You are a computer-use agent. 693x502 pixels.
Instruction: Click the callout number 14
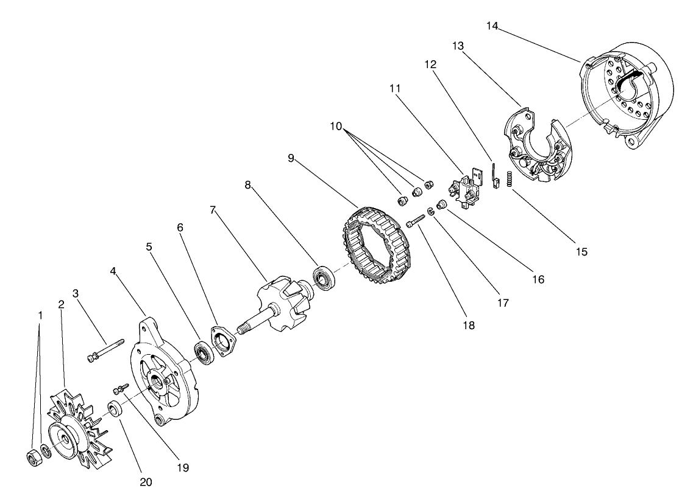pyautogui.click(x=493, y=26)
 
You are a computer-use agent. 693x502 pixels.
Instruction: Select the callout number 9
pyautogui.click(x=292, y=158)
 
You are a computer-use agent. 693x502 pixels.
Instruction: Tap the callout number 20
pyautogui.click(x=145, y=482)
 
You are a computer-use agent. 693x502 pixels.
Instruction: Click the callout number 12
pyautogui.click(x=430, y=64)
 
